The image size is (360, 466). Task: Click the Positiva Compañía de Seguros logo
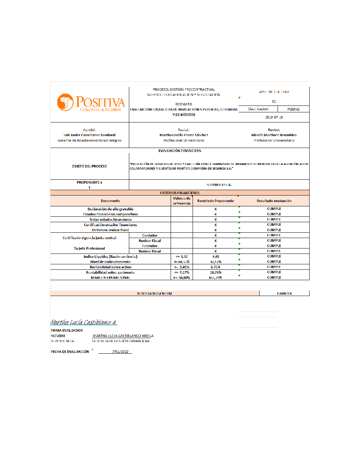pyautogui.click(x=91, y=103)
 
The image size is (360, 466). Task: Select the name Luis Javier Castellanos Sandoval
pyautogui.click(x=90, y=135)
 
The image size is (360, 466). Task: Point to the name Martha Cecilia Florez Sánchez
pyautogui.click(x=184, y=135)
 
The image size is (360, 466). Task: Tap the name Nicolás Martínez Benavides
pyautogui.click(x=274, y=135)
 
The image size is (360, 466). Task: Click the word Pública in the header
pyautogui.click(x=293, y=109)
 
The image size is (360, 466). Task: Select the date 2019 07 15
pyautogui.click(x=274, y=117)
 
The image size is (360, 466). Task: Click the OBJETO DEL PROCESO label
pyautogui.click(x=89, y=166)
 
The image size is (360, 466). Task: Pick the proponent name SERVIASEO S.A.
pyautogui.click(x=219, y=185)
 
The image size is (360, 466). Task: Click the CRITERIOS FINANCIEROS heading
pyautogui.click(x=180, y=193)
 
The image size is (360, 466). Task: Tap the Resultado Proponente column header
pyautogui.click(x=216, y=201)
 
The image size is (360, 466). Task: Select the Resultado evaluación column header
pyautogui.click(x=274, y=201)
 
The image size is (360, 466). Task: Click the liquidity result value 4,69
pyautogui.click(x=216, y=257)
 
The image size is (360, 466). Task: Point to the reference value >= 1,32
pyautogui.click(x=182, y=257)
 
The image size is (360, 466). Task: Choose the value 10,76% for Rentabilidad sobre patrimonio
pyautogui.click(x=216, y=273)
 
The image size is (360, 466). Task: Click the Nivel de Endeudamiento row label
pyautogui.click(x=111, y=262)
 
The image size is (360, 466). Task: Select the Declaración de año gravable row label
pyautogui.click(x=111, y=209)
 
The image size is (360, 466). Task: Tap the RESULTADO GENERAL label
pyautogui.click(x=154, y=294)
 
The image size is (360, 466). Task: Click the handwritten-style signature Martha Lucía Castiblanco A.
pyautogui.click(x=84, y=322)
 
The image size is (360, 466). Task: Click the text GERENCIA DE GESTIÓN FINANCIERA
pyautogui.click(x=121, y=341)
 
